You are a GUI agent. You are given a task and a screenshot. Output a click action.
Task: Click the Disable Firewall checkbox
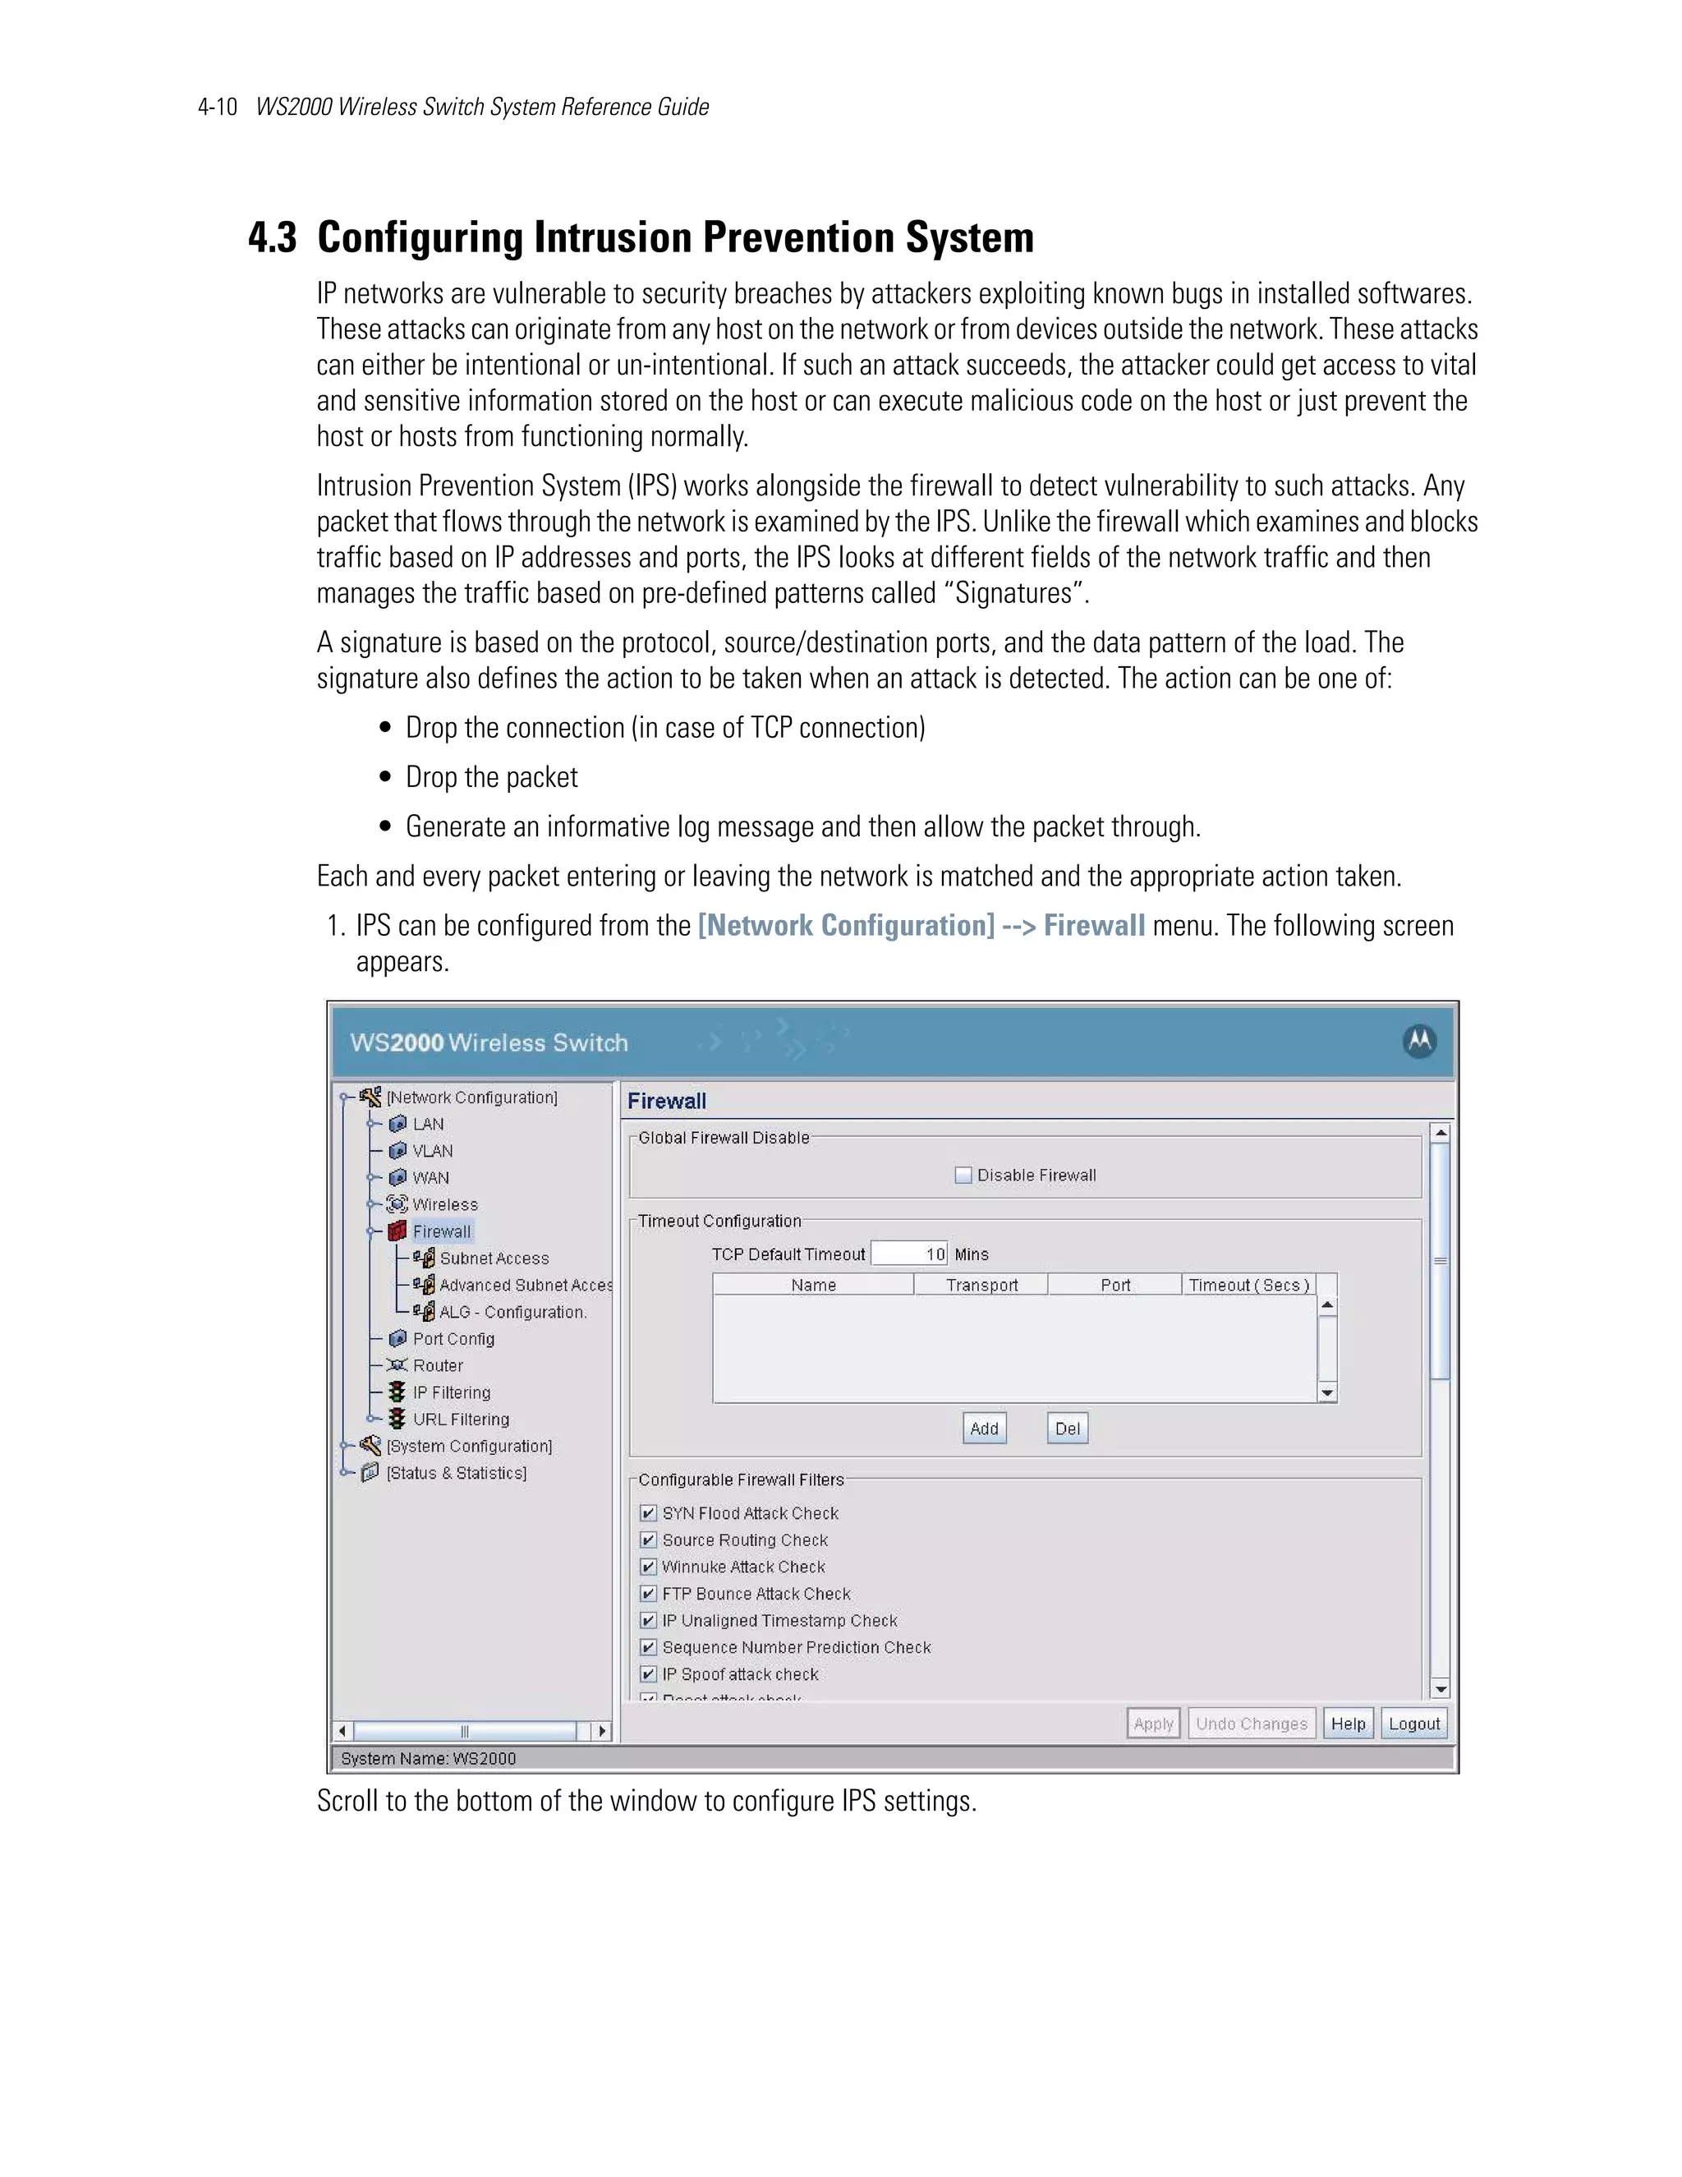pyautogui.click(x=963, y=1176)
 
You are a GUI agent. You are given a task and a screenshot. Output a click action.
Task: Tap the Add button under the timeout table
pyautogui.click(x=983, y=1429)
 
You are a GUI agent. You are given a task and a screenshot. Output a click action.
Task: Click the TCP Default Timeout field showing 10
pyautogui.click(x=910, y=1254)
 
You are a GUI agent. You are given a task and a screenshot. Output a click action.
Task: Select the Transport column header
pyautogui.click(x=981, y=1285)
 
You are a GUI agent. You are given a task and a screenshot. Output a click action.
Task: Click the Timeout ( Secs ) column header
pyautogui.click(x=1248, y=1285)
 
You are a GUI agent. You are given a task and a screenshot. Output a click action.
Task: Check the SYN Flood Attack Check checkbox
pyautogui.click(x=649, y=1513)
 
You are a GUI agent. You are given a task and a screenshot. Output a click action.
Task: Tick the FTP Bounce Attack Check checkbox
pyautogui.click(x=649, y=1594)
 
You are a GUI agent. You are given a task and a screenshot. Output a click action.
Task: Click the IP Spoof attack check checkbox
pyautogui.click(x=649, y=1674)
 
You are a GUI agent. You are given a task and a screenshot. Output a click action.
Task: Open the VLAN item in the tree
pyautogui.click(x=433, y=1150)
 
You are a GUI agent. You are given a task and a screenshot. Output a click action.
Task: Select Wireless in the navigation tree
pyautogui.click(x=444, y=1204)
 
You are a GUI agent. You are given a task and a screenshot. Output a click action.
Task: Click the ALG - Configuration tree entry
pyautogui.click(x=512, y=1312)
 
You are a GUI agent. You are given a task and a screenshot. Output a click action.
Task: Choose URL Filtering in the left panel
pyautogui.click(x=461, y=1420)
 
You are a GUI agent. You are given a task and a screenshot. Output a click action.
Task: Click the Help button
pyautogui.click(x=1349, y=1724)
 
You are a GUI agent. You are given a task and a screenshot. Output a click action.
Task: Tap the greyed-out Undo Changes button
pyautogui.click(x=1252, y=1724)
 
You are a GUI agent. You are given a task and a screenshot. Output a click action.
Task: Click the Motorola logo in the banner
pyautogui.click(x=1419, y=1042)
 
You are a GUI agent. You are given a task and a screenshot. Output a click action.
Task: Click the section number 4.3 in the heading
pyautogui.click(x=272, y=238)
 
